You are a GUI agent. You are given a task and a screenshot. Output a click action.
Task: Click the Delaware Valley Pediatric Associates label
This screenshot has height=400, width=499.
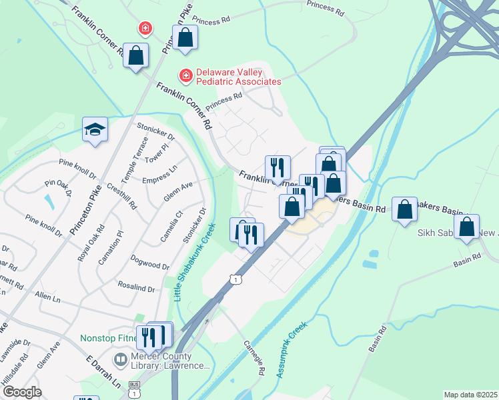(237, 77)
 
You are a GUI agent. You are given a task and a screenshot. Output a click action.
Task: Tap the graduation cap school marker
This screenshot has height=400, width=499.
(95, 129)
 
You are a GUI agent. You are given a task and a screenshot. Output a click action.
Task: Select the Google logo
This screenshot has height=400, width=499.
(22, 391)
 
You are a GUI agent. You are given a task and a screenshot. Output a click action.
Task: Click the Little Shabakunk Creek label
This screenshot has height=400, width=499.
(195, 262)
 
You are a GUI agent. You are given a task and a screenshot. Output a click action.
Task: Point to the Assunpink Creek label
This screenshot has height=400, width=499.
(292, 350)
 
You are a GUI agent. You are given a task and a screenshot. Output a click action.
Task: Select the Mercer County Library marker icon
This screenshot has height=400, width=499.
(121, 361)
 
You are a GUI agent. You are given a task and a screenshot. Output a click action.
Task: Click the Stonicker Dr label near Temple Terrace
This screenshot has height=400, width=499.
(156, 131)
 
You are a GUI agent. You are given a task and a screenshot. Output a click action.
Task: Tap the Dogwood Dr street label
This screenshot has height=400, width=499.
(151, 261)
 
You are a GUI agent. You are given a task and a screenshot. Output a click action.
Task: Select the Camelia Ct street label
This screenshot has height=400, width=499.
(171, 227)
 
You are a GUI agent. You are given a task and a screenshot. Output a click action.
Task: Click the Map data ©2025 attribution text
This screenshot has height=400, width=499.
(470, 395)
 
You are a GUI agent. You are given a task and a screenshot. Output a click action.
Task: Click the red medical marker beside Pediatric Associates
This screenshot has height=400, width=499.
(185, 76)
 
